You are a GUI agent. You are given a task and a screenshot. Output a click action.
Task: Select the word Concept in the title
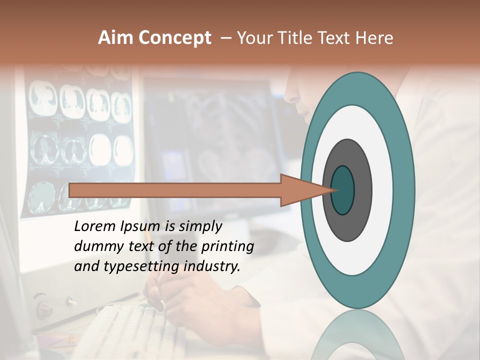point(174,38)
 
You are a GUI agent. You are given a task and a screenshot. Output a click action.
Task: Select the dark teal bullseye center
point(343,190)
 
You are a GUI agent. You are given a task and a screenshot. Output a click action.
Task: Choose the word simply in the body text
point(200,227)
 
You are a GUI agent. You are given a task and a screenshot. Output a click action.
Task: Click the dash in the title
point(225,38)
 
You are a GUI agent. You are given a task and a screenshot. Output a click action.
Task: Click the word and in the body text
point(86,266)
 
